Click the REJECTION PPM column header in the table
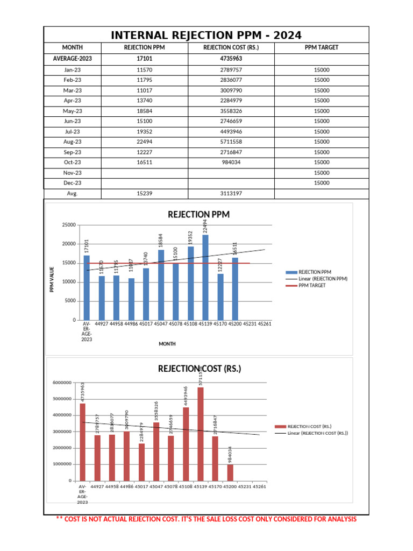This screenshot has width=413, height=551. tap(145, 48)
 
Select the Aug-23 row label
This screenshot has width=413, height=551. tap(73, 142)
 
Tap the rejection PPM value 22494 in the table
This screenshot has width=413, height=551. tap(145, 142)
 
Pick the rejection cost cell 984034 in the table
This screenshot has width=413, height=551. tap(231, 163)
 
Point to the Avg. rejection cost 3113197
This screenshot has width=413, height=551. tap(231, 194)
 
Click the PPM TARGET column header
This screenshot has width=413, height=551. tap(322, 48)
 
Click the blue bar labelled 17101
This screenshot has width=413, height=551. tap(87, 287)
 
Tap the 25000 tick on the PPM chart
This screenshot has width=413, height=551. tap(68, 225)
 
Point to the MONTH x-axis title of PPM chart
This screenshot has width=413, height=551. tap(167, 344)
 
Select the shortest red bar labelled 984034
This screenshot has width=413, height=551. tap(230, 472)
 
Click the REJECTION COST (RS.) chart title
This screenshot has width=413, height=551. tap(200, 369)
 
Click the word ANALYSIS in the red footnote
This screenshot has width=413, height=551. tap(337, 519)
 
